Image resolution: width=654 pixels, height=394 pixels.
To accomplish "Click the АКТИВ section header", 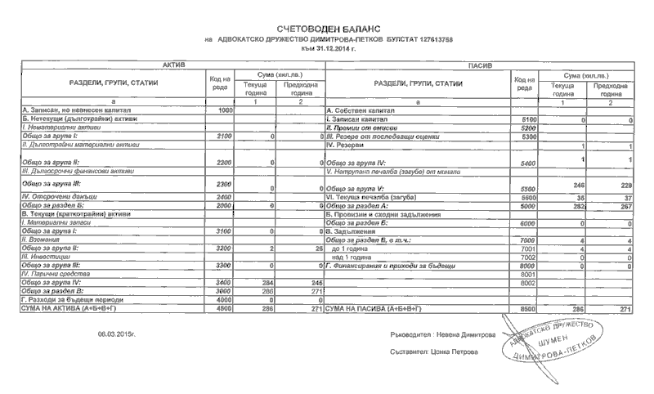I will [174, 63].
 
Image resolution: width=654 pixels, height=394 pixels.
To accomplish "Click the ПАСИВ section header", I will [479, 63].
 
